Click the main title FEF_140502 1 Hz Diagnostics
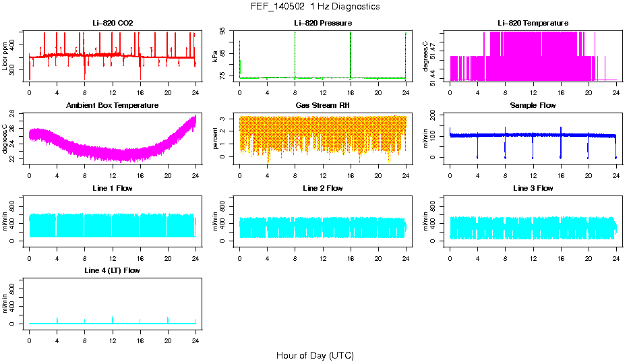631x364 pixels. pyautogui.click(x=315, y=7)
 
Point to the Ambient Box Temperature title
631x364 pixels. pyautogui.click(x=113, y=106)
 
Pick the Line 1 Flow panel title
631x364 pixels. pyautogui.click(x=113, y=188)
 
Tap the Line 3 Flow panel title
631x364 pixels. pyautogui.click(x=533, y=188)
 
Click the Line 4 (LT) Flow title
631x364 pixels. pyautogui.click(x=113, y=270)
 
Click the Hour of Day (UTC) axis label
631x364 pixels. pyautogui.click(x=315, y=355)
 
